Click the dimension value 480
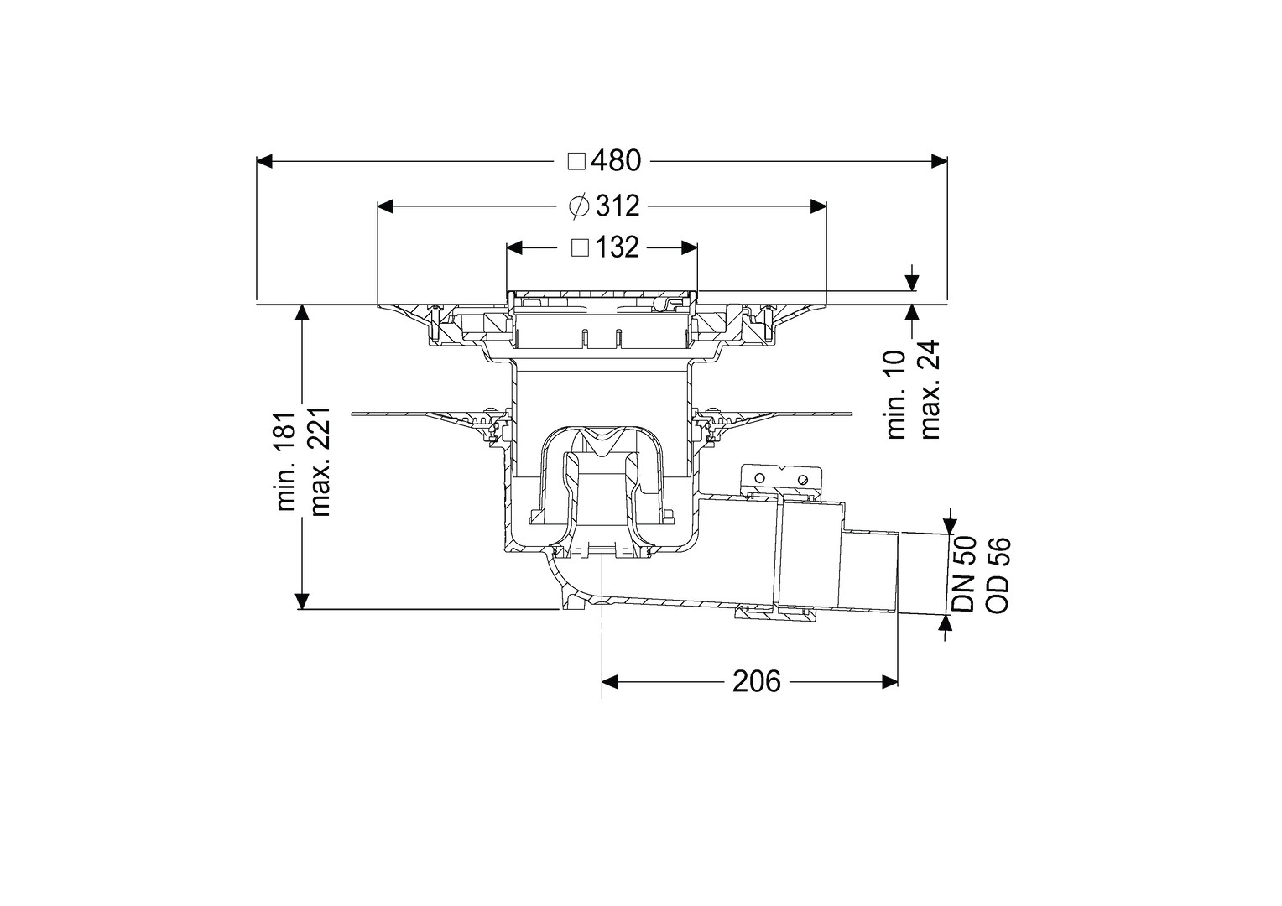click(x=617, y=161)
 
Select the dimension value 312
click(x=618, y=206)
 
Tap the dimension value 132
click(x=618, y=247)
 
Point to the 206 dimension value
click(x=757, y=682)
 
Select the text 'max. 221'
click(x=320, y=461)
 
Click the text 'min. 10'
click(x=897, y=395)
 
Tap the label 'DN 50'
click(x=964, y=574)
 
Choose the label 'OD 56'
click(x=998, y=574)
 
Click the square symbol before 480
click(x=577, y=162)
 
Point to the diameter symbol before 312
click(x=579, y=206)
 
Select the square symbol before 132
click(x=581, y=247)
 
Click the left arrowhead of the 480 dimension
click(x=263, y=161)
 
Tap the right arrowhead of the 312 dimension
click(x=819, y=206)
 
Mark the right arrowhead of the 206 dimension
click(x=889, y=682)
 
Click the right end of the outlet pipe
click(x=897, y=573)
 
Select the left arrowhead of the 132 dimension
click(x=515, y=247)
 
